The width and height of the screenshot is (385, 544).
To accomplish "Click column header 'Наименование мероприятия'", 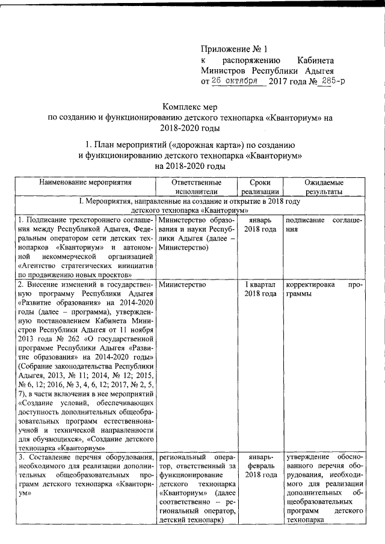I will click(x=85, y=181).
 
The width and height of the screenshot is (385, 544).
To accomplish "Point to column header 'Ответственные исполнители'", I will click(x=198, y=186).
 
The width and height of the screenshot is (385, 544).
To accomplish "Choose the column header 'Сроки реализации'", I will click(x=260, y=186).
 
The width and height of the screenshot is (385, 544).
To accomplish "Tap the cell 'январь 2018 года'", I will click(x=260, y=225).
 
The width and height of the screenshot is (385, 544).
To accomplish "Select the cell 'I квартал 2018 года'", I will click(x=260, y=289).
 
